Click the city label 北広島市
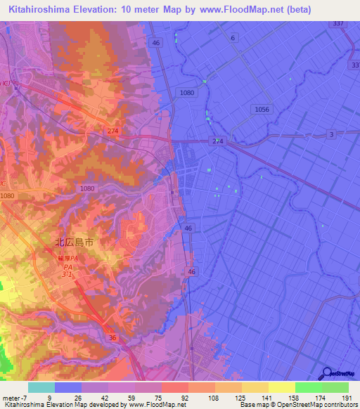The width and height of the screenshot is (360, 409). pyautogui.click(x=75, y=242)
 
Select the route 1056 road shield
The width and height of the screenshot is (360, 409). pyautogui.click(x=262, y=109)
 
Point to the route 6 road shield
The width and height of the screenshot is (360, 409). pyautogui.click(x=233, y=38)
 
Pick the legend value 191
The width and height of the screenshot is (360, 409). pyautogui.click(x=347, y=398)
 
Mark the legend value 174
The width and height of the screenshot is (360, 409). pyautogui.click(x=321, y=398)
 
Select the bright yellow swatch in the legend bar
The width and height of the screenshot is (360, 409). pyautogui.click(x=281, y=387)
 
